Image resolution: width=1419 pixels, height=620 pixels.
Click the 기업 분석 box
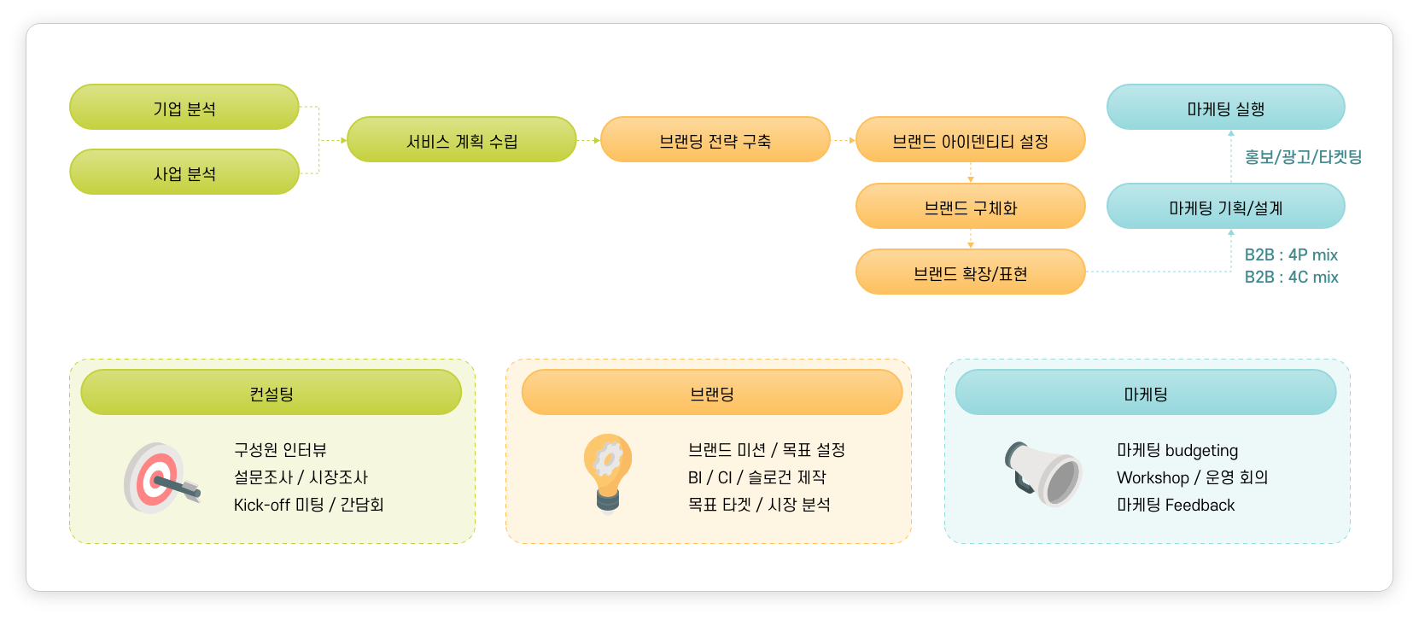[184, 108]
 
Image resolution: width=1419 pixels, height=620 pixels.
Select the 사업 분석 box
[184, 173]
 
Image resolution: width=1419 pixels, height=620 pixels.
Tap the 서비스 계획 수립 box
[462, 140]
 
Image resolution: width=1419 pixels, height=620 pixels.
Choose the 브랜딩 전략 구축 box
[715, 140]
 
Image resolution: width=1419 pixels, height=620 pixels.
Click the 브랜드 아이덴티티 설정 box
[970, 140]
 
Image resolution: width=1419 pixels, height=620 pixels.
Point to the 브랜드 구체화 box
[970, 207]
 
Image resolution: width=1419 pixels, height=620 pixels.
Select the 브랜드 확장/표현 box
[970, 272]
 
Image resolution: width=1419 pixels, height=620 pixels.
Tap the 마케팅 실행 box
[1225, 108]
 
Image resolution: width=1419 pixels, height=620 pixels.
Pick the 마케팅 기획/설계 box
[1225, 207]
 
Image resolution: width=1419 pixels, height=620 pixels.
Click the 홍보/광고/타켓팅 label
[1303, 157]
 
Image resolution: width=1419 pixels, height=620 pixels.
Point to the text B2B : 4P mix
[1291, 254]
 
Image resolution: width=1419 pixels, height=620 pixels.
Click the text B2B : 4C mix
[1291, 277]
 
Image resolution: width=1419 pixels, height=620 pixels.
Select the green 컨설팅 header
[272, 393]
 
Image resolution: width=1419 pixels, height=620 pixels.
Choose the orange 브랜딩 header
[712, 393]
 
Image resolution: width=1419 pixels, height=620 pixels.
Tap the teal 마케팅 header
[1146, 393]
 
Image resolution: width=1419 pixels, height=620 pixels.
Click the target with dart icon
[161, 478]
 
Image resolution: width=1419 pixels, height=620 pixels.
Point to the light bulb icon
[608, 474]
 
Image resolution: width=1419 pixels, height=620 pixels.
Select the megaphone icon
[1043, 474]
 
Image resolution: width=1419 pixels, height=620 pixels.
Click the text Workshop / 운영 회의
[1192, 477]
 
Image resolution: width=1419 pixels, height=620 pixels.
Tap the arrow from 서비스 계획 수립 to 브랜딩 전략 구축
[589, 140]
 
